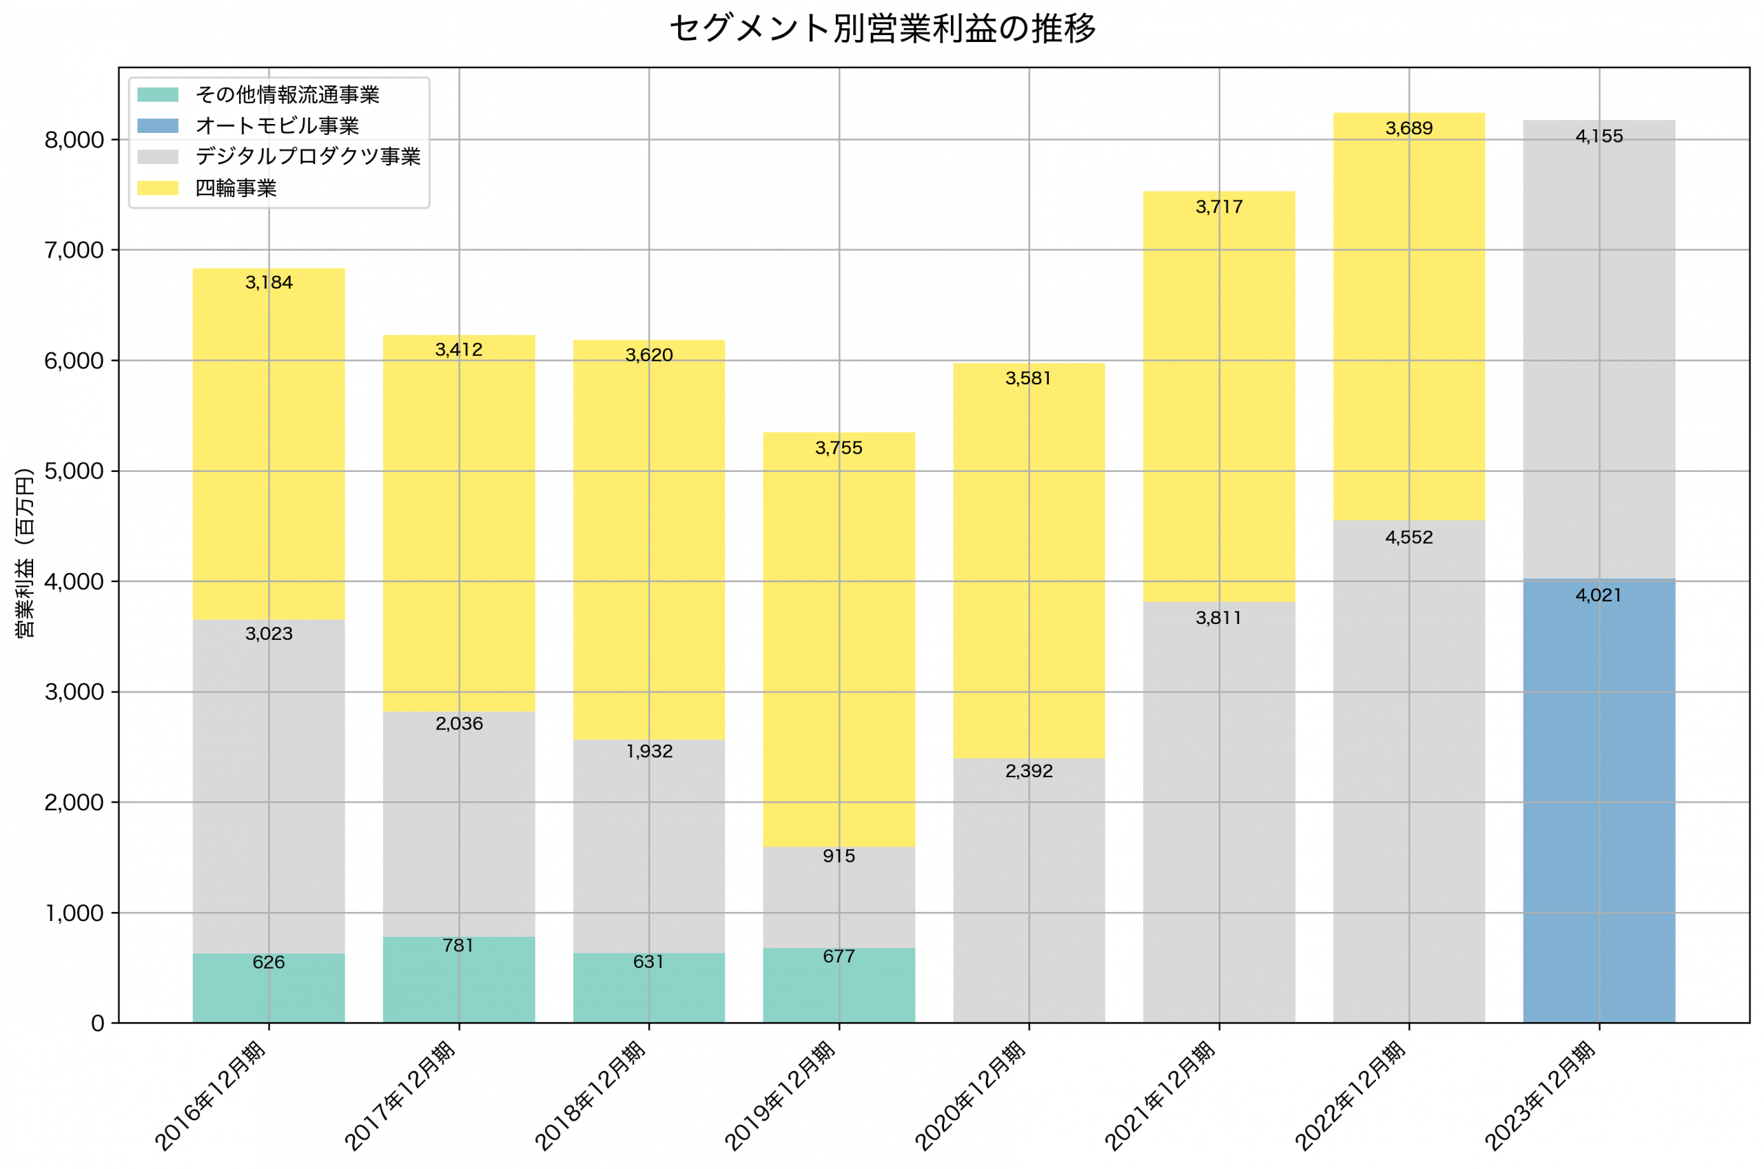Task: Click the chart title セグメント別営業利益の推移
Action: click(x=882, y=29)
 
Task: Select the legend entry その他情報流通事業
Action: click(x=287, y=94)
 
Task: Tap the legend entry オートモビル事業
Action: click(x=276, y=126)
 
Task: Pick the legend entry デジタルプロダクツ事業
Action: click(x=307, y=156)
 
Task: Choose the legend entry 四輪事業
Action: click(x=236, y=188)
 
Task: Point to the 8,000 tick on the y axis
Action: click(x=74, y=140)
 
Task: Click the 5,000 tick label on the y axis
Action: click(x=74, y=471)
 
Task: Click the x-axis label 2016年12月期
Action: click(x=210, y=1096)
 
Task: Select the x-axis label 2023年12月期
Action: click(x=1540, y=1096)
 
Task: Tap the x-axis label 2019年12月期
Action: click(x=781, y=1096)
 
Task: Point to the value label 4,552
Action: click(x=1408, y=537)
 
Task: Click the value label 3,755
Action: click(x=839, y=448)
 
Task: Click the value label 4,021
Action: click(x=1599, y=596)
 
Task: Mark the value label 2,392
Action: click(x=1029, y=772)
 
